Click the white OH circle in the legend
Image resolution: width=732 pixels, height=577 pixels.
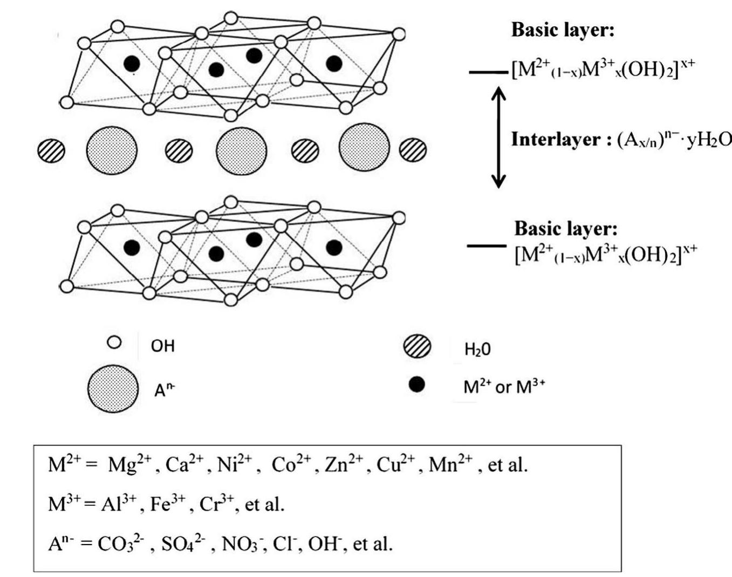tap(114, 342)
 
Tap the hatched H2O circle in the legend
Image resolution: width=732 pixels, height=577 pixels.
tap(417, 347)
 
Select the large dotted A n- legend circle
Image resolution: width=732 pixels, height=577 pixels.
tap(113, 389)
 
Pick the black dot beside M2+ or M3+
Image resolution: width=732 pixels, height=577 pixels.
tap(416, 385)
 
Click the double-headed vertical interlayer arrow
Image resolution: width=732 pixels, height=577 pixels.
tap(498, 136)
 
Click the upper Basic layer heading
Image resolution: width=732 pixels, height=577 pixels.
tap(563, 30)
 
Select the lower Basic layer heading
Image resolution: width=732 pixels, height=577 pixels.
tap(566, 228)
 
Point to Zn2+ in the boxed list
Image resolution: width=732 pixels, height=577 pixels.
tap(345, 464)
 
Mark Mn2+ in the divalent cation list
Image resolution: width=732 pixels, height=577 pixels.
tap(451, 464)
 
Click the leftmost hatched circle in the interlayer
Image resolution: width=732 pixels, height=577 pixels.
tap(51, 150)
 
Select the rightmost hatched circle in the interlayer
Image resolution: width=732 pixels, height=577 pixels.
tap(413, 149)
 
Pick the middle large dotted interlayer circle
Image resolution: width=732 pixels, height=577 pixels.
tap(242, 150)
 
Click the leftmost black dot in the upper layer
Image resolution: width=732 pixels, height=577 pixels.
tap(132, 64)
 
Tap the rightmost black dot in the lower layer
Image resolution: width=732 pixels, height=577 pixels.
tap(334, 248)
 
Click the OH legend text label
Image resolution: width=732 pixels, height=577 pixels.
tap(162, 346)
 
